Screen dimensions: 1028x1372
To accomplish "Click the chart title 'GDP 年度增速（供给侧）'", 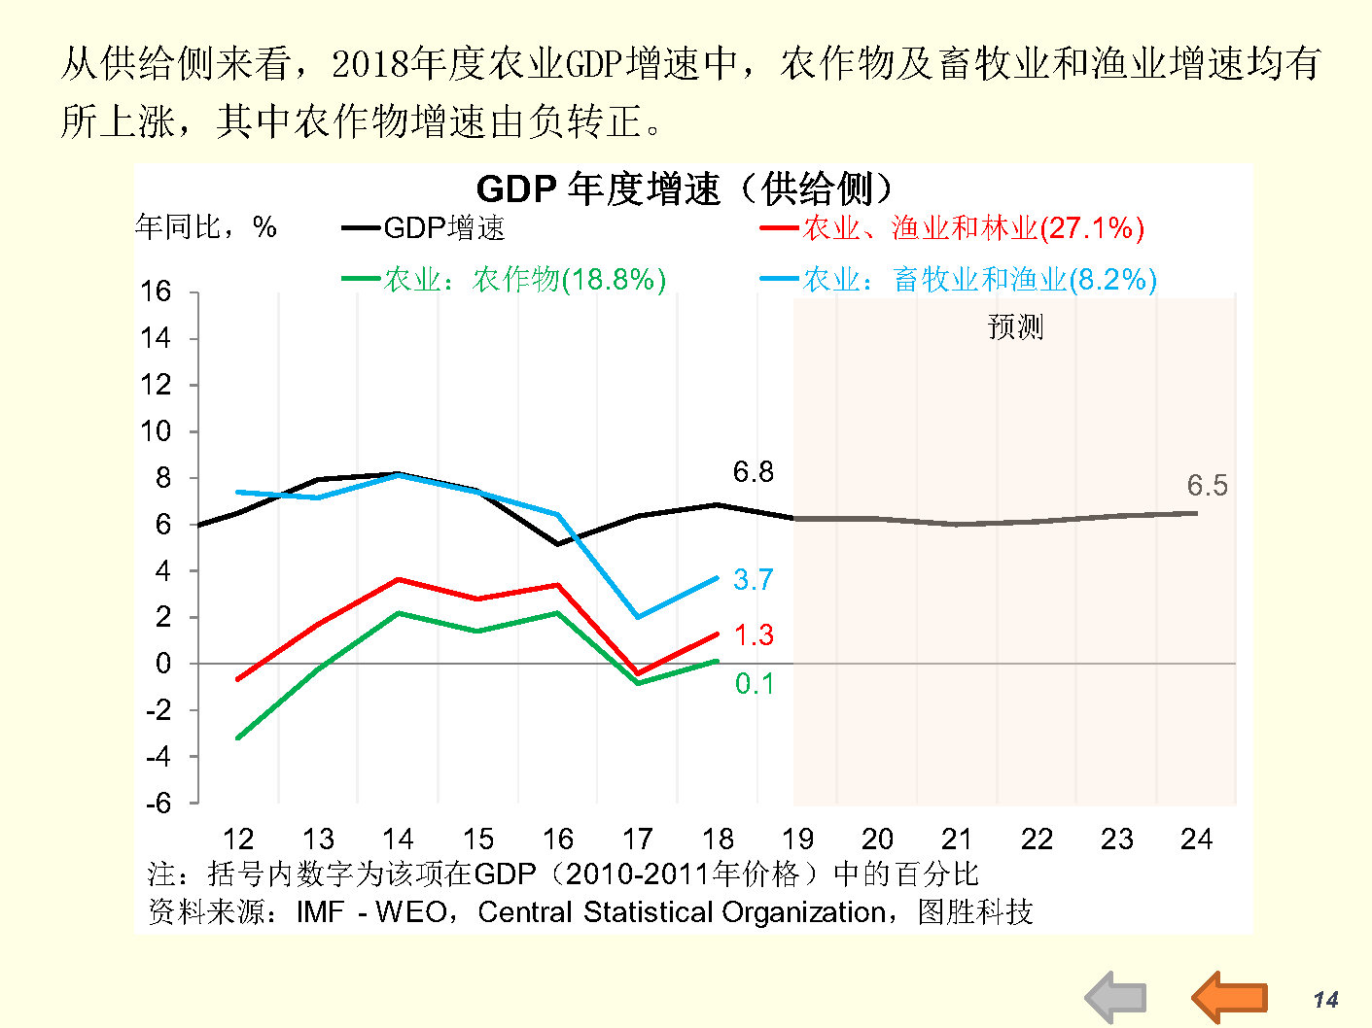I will (684, 188).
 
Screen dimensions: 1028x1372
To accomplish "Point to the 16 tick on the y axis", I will (156, 291).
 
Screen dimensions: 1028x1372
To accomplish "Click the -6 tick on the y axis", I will (158, 804).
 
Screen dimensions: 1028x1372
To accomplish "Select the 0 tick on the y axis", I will (163, 664).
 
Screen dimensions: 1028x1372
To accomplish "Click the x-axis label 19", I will (797, 839).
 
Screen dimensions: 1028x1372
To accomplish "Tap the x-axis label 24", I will (1196, 839).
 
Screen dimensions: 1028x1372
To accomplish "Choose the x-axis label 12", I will (238, 839).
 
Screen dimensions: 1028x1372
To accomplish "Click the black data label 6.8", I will (754, 472).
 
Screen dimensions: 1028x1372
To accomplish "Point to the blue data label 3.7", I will (754, 580).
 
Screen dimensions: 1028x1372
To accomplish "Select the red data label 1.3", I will (754, 635).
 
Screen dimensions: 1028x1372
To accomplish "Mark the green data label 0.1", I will (755, 684).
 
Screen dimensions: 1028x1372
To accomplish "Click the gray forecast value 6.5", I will (1207, 486).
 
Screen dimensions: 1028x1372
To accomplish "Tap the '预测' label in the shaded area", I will (1015, 326).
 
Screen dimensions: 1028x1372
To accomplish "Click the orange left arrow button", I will (1230, 997).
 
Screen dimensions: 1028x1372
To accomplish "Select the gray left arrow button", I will (1115, 997).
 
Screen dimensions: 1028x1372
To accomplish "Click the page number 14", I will (1325, 1000).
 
